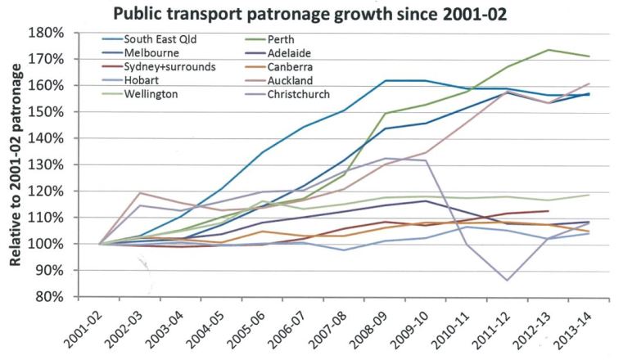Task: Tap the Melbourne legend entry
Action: click(x=151, y=53)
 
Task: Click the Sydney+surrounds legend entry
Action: click(x=170, y=66)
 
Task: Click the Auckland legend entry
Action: click(x=287, y=80)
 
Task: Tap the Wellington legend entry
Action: click(x=151, y=94)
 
